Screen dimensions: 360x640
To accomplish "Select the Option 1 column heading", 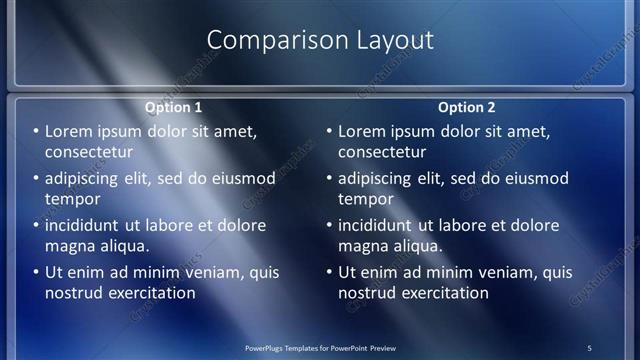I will pyautogui.click(x=173, y=107).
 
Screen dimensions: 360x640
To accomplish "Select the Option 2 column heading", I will pyautogui.click(x=466, y=107).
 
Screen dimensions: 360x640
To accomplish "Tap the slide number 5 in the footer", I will pyautogui.click(x=589, y=348).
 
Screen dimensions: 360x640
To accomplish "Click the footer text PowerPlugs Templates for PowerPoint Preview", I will pyautogui.click(x=320, y=348).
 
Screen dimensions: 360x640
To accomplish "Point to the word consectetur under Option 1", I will pyautogui.click(x=89, y=152).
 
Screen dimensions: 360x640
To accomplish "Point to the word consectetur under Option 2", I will pyautogui.click(x=382, y=152).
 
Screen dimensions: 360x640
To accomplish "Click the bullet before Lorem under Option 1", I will pyautogui.click(x=36, y=132).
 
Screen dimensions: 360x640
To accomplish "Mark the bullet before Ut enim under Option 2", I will pyautogui.click(x=329, y=273).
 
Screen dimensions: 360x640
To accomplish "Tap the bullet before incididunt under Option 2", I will pyautogui.click(x=329, y=226).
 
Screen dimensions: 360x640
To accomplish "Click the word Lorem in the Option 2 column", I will pyautogui.click(x=363, y=132).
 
